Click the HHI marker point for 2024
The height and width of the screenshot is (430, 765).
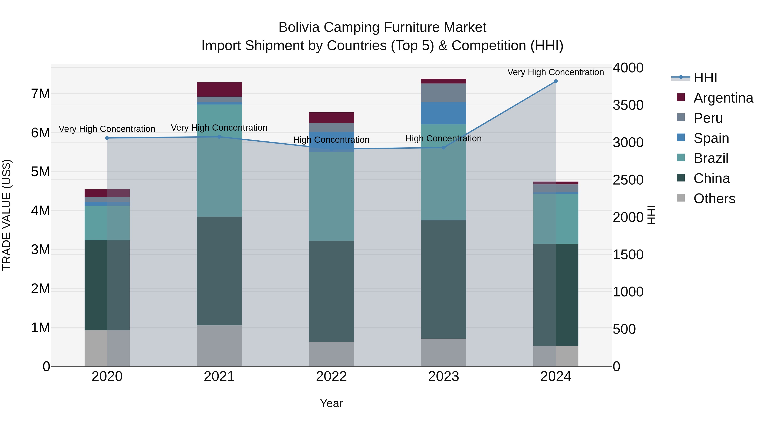coord(556,81)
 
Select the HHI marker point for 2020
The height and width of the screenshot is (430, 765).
coord(107,138)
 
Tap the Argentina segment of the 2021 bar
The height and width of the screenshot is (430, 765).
coord(219,89)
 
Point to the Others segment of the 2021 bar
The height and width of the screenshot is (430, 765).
coord(219,345)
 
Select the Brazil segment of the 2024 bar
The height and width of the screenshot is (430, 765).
coord(556,219)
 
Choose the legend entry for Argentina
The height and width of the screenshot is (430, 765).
coord(723,98)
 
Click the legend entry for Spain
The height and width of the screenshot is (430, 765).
coord(711,138)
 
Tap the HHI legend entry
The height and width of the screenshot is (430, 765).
coord(705,78)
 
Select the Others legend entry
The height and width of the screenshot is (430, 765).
coord(714,199)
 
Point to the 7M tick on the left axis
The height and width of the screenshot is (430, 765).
coord(40,94)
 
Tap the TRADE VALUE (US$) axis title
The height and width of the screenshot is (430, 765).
coord(7,215)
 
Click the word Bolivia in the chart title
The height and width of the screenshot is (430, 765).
coord(299,27)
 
